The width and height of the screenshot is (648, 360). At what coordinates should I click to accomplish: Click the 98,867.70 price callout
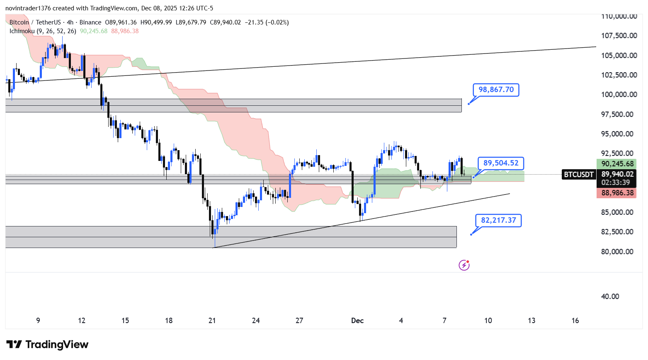(x=496, y=90)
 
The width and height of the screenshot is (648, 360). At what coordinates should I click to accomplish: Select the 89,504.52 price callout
(x=501, y=163)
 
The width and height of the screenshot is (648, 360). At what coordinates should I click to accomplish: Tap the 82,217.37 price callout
(x=498, y=220)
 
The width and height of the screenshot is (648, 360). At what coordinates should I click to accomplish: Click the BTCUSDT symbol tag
(x=579, y=175)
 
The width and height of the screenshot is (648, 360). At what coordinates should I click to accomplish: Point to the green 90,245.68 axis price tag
(x=617, y=164)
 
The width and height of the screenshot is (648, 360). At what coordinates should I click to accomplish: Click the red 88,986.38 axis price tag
(x=617, y=193)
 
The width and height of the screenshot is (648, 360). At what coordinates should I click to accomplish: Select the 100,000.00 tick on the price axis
(x=619, y=95)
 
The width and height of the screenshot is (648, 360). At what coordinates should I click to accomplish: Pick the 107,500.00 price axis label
(x=619, y=36)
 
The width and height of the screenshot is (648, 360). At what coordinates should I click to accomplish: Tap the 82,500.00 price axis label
(x=617, y=232)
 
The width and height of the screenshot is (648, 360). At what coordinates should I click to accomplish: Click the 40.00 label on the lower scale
(x=610, y=297)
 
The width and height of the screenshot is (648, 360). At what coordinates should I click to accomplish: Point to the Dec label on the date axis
(x=357, y=321)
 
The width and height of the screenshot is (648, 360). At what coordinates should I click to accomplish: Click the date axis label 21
(x=212, y=321)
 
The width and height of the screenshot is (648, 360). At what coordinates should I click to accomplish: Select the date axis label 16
(x=575, y=321)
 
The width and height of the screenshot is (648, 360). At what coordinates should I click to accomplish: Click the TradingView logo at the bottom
(x=48, y=345)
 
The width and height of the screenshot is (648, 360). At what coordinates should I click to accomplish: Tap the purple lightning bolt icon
(x=464, y=265)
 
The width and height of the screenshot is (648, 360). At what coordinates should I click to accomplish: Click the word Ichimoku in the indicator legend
(x=22, y=31)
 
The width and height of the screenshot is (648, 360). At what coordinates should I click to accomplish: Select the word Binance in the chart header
(x=90, y=22)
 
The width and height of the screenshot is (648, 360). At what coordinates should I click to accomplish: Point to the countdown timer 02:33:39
(x=616, y=182)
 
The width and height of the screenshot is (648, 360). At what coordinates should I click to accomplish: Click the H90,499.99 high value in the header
(x=156, y=22)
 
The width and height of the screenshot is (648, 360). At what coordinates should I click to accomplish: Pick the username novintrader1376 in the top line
(x=27, y=8)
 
